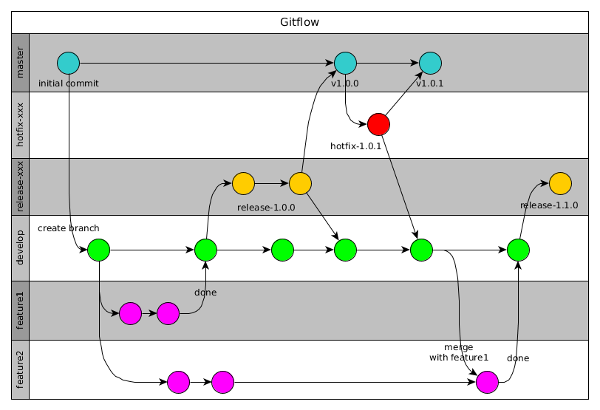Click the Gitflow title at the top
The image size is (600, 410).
(x=299, y=22)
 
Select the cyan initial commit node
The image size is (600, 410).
(x=68, y=63)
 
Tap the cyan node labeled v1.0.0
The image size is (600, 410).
(x=345, y=63)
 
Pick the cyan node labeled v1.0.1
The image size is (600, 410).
(x=430, y=63)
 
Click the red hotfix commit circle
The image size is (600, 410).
(x=378, y=124)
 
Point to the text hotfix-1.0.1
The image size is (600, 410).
(x=355, y=146)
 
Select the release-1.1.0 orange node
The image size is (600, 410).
(x=560, y=182)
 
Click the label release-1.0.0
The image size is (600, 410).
(x=266, y=208)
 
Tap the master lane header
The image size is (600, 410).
(x=21, y=63)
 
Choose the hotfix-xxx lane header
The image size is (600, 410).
(x=21, y=125)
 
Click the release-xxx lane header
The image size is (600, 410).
(x=21, y=187)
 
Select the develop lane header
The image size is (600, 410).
(x=21, y=247)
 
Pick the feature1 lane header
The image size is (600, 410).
(x=21, y=310)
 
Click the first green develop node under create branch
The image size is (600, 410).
(x=98, y=250)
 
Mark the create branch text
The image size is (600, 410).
(x=68, y=228)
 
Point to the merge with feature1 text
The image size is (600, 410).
(x=459, y=352)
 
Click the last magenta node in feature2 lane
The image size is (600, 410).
(x=487, y=382)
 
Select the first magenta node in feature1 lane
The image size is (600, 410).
(x=130, y=313)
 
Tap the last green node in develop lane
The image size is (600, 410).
(x=519, y=250)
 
